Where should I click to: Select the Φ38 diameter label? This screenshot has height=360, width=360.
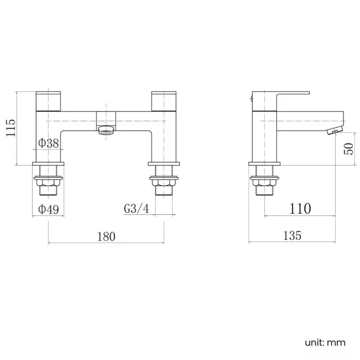pos(49,143)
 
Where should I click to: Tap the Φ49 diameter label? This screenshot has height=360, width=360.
pos(49,209)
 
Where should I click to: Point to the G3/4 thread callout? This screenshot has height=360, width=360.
pos(136,209)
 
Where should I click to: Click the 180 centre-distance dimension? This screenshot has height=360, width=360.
pos(106,236)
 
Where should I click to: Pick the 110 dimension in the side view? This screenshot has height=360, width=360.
pos(300,209)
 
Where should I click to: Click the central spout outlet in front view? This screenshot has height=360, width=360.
pos(105,130)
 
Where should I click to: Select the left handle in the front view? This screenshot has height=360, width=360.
pos(49,100)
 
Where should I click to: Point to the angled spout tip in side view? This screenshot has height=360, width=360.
pos(335,131)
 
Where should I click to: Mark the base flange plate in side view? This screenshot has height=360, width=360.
pos(263,164)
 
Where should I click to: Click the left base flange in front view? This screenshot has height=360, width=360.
pos(49,164)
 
